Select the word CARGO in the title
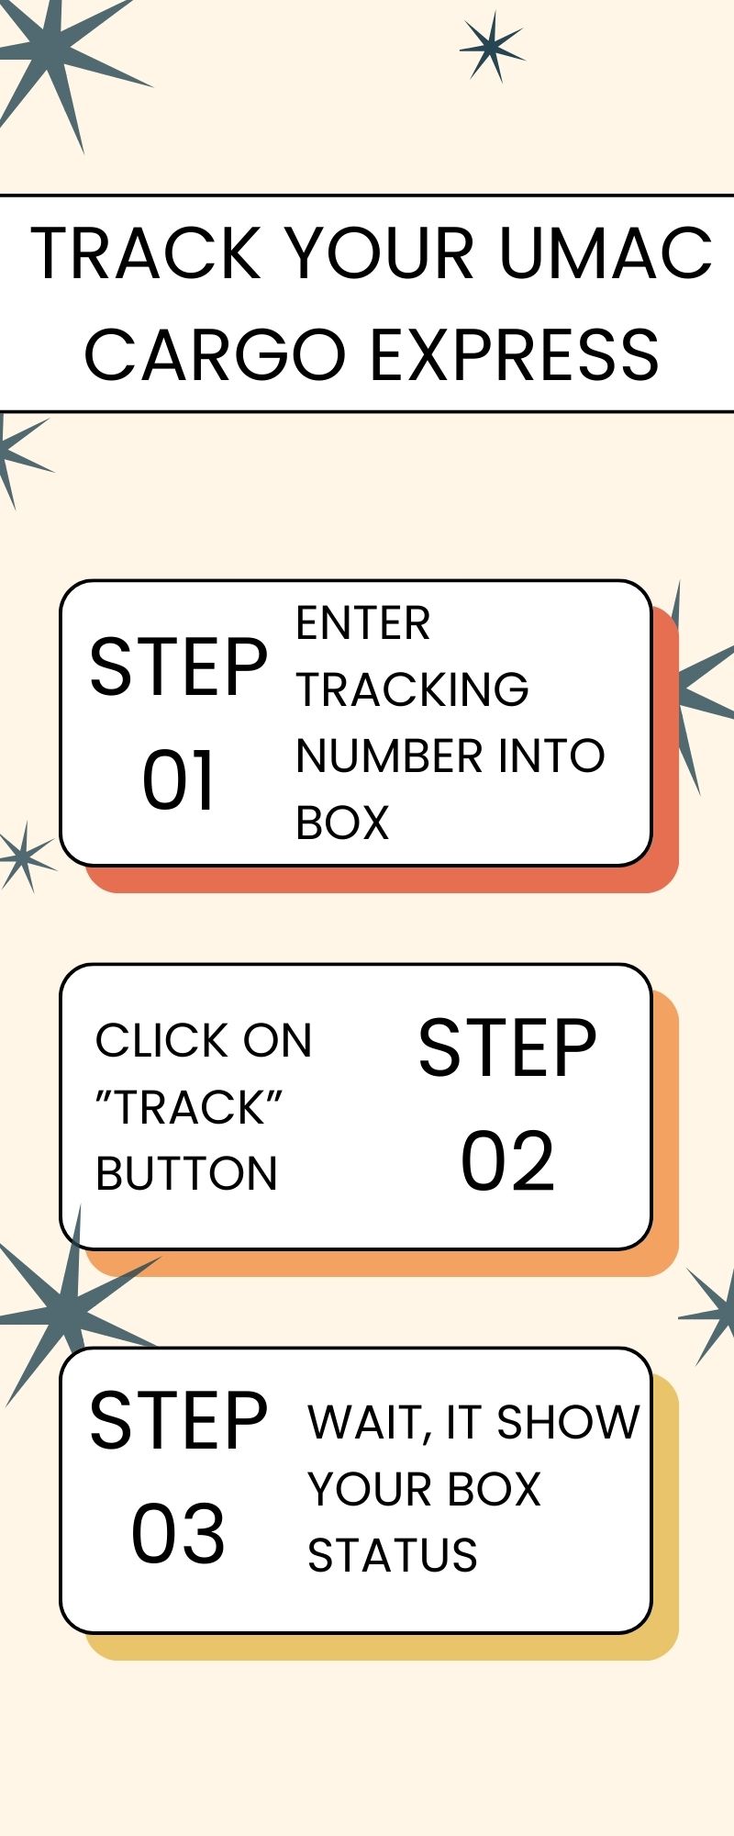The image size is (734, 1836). click(x=214, y=355)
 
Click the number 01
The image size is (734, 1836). click(x=179, y=780)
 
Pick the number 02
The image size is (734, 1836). click(x=507, y=1161)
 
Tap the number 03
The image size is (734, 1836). click(x=178, y=1534)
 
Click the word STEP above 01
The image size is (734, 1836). click(x=179, y=667)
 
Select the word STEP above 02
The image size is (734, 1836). click(x=507, y=1047)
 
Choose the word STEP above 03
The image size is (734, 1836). click(x=179, y=1420)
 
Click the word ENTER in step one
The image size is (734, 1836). click(x=363, y=624)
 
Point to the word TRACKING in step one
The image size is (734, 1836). click(x=412, y=689)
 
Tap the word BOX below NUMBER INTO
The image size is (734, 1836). click(x=342, y=823)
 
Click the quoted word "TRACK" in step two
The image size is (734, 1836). click(x=189, y=1107)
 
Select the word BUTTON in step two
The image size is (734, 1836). click(x=186, y=1173)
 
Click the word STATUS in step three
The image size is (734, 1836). click(x=393, y=1555)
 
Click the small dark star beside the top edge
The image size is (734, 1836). click(x=493, y=46)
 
